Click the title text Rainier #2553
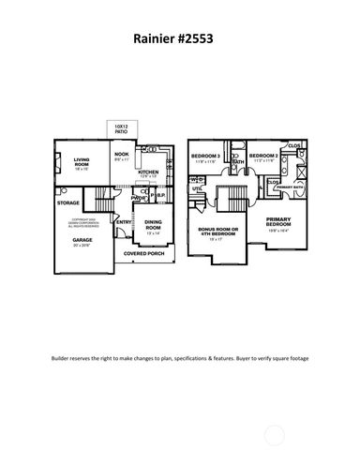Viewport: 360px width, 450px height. click(x=178, y=41)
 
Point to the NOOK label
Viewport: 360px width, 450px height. click(x=122, y=156)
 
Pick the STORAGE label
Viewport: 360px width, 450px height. click(x=68, y=202)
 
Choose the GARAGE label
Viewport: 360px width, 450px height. click(x=82, y=240)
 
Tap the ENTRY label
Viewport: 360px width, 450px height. click(x=125, y=222)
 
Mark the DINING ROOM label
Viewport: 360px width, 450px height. click(x=153, y=226)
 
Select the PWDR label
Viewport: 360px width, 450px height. click(x=138, y=199)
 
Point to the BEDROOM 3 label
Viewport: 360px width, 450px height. click(x=206, y=156)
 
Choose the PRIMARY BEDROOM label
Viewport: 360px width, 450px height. click(x=278, y=223)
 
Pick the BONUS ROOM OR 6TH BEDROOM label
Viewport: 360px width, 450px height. click(x=219, y=232)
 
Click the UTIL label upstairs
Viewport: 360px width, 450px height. click(x=198, y=188)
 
